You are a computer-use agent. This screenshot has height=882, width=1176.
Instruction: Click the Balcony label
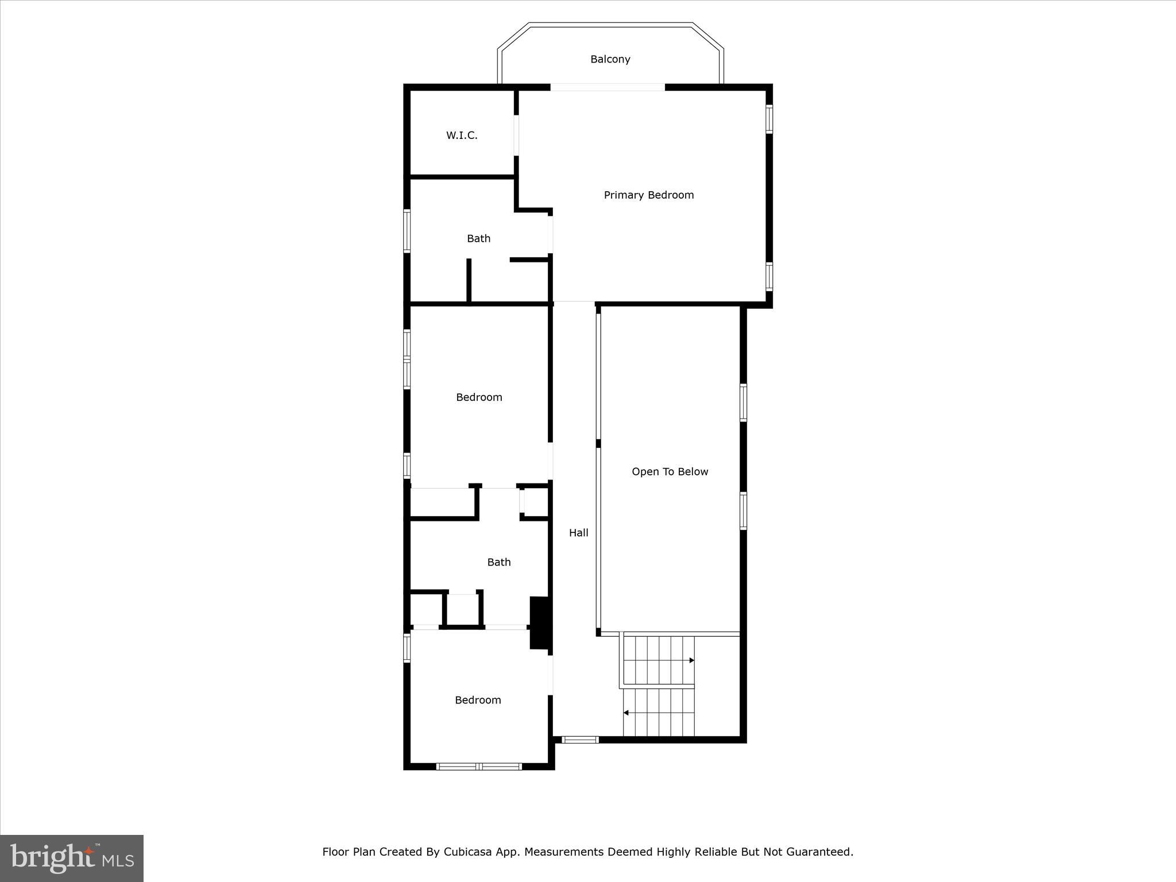(610, 59)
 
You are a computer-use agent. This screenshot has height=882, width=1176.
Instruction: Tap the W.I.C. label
(462, 136)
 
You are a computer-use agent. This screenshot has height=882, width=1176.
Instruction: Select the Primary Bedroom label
(648, 195)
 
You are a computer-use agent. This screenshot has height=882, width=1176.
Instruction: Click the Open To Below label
(670, 471)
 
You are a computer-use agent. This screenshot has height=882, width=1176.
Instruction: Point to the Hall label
(578, 533)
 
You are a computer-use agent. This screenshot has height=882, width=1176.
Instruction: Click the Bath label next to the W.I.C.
(478, 238)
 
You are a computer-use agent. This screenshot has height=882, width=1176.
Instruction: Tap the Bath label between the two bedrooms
(498, 562)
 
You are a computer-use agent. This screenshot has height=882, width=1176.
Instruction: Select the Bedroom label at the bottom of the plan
(478, 700)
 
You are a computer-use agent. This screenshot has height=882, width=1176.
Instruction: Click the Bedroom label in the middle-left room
(479, 397)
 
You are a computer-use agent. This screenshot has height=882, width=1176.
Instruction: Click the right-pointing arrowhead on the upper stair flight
(692, 660)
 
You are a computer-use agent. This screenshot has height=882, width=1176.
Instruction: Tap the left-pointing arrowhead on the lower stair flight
(626, 713)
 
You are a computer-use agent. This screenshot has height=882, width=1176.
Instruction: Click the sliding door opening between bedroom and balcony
(608, 87)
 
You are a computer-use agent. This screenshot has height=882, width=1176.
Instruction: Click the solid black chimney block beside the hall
(540, 623)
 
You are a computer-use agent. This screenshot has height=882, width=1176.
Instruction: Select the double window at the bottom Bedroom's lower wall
(478, 766)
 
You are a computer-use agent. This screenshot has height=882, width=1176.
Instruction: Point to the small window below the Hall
(579, 740)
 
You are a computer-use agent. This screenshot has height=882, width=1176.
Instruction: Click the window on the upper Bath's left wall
(407, 231)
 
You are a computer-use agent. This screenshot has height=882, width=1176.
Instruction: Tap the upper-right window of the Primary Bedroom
(769, 119)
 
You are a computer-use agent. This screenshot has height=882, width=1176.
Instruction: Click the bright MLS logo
(72, 858)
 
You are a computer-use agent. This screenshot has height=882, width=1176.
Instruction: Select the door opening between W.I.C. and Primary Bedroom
(516, 136)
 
